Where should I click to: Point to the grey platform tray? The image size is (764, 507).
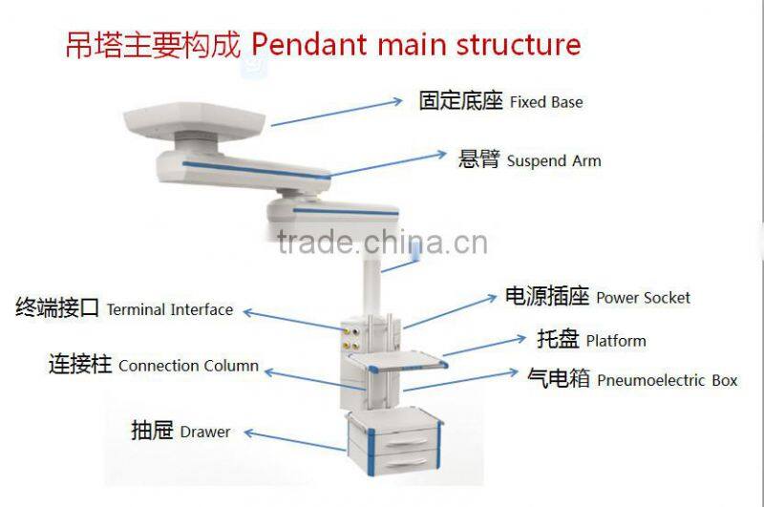click(x=396, y=362)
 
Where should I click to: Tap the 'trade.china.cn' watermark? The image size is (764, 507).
click(x=382, y=243)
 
